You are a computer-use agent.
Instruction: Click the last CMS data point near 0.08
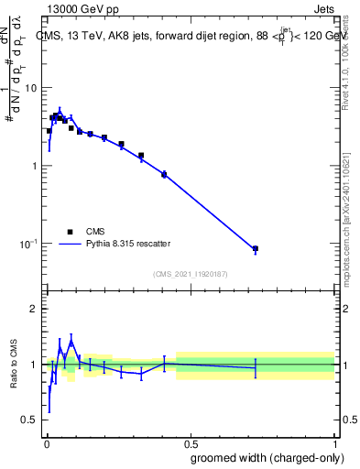point(256,248)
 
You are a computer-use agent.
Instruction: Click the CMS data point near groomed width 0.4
point(164,174)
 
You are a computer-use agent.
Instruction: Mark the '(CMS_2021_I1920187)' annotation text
point(190,274)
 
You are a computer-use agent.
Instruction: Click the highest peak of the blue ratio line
point(71,340)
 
